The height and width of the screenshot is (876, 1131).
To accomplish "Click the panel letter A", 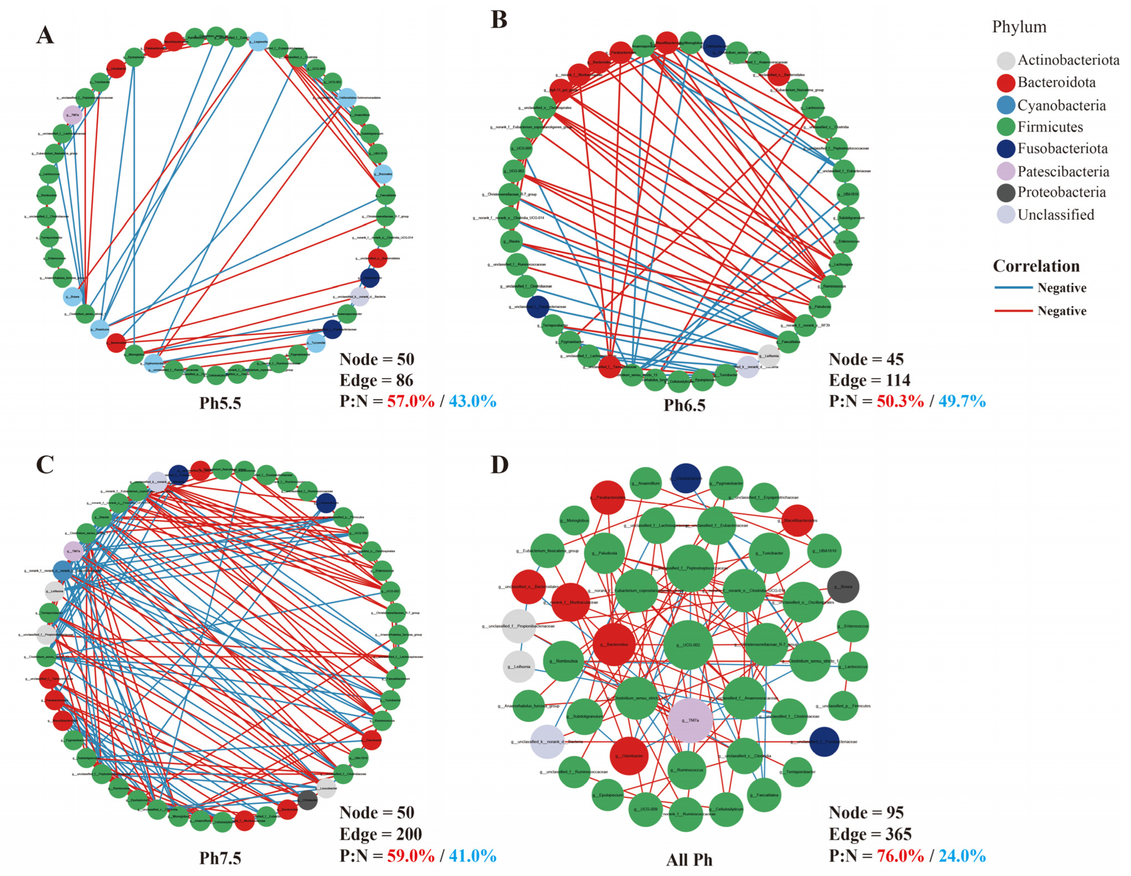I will pyautogui.click(x=45, y=35).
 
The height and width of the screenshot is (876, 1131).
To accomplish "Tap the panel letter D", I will pyautogui.click(x=499, y=464).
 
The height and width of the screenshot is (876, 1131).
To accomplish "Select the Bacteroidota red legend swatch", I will pyautogui.click(x=1006, y=83).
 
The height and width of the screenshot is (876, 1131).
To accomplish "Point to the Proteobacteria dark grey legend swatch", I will pyautogui.click(x=1006, y=193).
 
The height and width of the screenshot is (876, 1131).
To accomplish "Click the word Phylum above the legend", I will pyautogui.click(x=1019, y=27).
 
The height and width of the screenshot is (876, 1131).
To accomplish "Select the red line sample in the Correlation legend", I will pyautogui.click(x=1013, y=311).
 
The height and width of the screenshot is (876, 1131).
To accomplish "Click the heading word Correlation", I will pyautogui.click(x=1036, y=266).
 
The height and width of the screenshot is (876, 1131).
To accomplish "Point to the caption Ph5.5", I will pyautogui.click(x=220, y=403).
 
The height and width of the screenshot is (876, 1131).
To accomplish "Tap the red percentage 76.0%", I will pyautogui.click(x=900, y=856).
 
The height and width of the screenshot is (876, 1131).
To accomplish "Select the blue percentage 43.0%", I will pyautogui.click(x=472, y=401).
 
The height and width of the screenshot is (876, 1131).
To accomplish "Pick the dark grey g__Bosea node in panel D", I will pyautogui.click(x=843, y=586).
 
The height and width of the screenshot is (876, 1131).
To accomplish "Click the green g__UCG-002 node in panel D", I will pyautogui.click(x=688, y=645).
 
